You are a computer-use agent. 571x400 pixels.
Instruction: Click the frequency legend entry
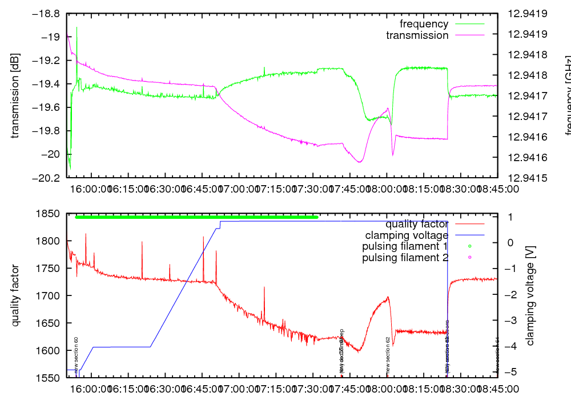coord(424,24)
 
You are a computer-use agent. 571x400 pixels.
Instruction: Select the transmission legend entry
coord(417,35)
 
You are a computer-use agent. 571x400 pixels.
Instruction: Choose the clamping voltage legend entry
coord(407,235)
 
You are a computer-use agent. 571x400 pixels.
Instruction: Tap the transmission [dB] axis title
coord(15,95)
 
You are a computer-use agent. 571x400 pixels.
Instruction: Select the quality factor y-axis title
coord(15,295)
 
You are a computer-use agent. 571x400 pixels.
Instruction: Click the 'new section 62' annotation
coord(388,356)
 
